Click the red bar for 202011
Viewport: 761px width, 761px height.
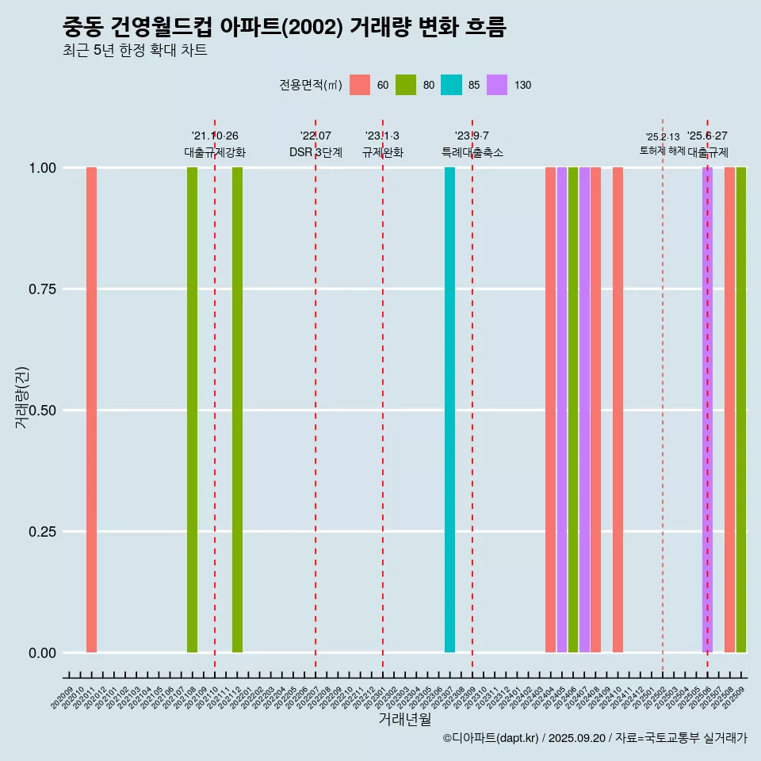pos(91,410)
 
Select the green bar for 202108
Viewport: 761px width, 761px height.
pos(192,410)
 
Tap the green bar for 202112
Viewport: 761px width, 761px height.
pos(237,410)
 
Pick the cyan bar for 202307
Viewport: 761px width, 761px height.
pos(449,410)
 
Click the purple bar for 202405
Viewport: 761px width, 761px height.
pos(561,410)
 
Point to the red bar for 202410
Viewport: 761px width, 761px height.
pos(618,410)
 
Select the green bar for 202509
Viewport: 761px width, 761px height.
pos(740,410)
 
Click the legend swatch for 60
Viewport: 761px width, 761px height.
pos(360,85)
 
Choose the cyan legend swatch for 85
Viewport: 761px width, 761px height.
pos(451,85)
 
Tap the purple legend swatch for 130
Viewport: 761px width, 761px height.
pos(497,85)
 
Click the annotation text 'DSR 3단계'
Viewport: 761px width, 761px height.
pos(315,152)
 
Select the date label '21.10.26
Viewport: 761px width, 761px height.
pos(215,136)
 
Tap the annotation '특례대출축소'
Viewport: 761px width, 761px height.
pos(472,152)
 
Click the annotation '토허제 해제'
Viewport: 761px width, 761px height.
pos(662,151)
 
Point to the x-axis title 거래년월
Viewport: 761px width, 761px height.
pos(405,719)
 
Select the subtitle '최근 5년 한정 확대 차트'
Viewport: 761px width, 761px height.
pos(135,51)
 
